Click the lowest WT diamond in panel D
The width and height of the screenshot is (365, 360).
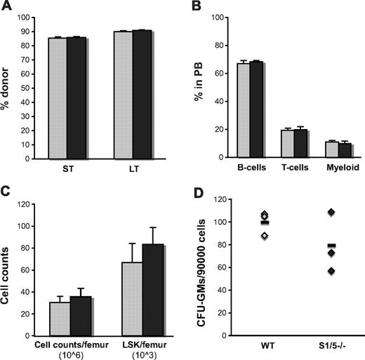tap(244, 236)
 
